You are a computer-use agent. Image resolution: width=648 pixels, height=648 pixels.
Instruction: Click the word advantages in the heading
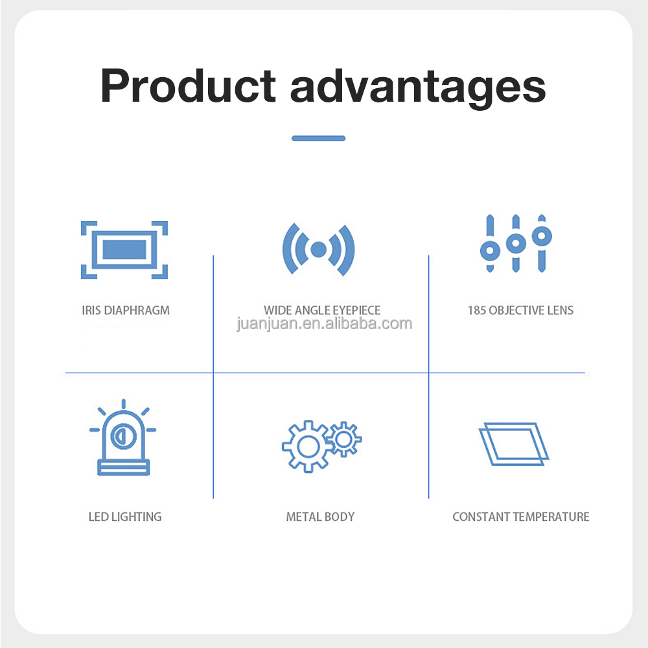[x=418, y=87]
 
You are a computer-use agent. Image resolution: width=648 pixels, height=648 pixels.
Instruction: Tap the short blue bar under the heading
[x=318, y=138]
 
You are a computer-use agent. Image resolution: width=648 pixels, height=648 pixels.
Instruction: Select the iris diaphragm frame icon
[x=124, y=250]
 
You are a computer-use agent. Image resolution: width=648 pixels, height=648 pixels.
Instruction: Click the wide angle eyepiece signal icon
[x=318, y=249]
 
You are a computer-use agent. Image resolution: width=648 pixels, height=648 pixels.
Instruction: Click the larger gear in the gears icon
[x=307, y=446]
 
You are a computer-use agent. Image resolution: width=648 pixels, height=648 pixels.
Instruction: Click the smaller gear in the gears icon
[x=344, y=439]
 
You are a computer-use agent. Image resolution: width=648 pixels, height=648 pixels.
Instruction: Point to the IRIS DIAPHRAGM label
[x=126, y=310]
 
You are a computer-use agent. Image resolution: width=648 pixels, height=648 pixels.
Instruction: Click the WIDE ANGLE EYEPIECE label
[x=322, y=310]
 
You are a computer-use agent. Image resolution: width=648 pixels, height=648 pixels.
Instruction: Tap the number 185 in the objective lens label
[x=477, y=310]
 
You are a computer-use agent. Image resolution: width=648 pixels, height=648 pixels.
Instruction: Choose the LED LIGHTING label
[x=125, y=517]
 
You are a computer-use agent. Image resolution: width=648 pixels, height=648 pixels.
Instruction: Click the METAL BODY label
[x=320, y=517]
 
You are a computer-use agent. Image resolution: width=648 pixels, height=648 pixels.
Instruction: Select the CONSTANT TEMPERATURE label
[x=521, y=517]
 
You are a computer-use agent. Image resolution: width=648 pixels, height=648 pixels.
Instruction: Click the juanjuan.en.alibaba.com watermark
[x=324, y=323]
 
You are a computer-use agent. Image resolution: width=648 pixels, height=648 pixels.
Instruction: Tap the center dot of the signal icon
[x=318, y=249]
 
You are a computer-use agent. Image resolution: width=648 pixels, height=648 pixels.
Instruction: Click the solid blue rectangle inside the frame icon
[x=124, y=250]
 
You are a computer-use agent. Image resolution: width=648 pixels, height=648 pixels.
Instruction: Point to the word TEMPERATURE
[x=551, y=517]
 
